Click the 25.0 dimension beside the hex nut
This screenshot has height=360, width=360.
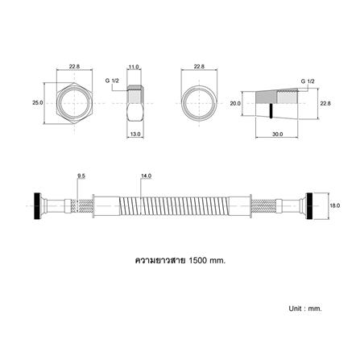pyautogui.click(x=38, y=102)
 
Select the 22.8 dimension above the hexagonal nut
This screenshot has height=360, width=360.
pyautogui.click(x=74, y=66)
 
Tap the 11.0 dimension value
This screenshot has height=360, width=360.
pyautogui.click(x=134, y=67)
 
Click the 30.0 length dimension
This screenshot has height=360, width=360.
pyautogui.click(x=277, y=134)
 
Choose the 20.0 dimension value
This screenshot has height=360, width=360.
pyautogui.click(x=235, y=103)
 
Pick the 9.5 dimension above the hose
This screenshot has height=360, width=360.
pyautogui.click(x=81, y=176)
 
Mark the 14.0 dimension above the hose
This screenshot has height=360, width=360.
pyautogui.click(x=146, y=176)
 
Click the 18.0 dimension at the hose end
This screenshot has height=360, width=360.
pyautogui.click(x=335, y=205)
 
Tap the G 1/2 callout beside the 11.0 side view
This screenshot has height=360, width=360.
pyautogui.click(x=112, y=81)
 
